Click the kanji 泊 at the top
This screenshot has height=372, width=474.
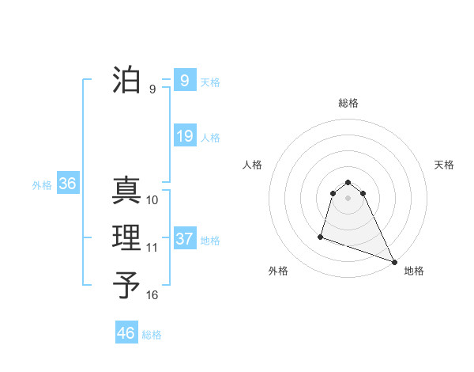[x=127, y=80]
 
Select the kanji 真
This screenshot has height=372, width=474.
[x=127, y=191]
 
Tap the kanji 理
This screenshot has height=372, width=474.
[x=127, y=238]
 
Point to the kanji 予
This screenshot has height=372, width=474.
[x=127, y=286]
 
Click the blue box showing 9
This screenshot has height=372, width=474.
[x=184, y=80]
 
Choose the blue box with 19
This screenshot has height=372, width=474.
[x=184, y=136]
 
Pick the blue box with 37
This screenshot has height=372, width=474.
[x=184, y=238]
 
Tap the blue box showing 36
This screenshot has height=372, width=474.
[x=68, y=184]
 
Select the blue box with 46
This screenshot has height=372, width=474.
[x=126, y=333]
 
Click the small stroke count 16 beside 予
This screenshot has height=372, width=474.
[x=152, y=295]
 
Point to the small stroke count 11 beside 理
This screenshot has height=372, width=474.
[x=152, y=248]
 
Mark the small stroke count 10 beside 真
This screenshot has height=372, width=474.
[x=152, y=200]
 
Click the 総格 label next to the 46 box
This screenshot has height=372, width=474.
[x=152, y=335]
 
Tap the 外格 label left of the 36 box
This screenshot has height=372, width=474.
[x=42, y=185]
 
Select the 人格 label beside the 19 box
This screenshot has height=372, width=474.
[x=210, y=138]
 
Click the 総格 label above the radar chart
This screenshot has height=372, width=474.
[x=348, y=103]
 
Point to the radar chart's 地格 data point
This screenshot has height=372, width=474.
[x=394, y=262]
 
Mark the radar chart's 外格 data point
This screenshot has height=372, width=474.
[x=321, y=236]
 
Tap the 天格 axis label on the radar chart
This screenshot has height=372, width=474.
[x=444, y=165]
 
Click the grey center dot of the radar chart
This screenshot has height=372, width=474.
[x=348, y=197]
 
